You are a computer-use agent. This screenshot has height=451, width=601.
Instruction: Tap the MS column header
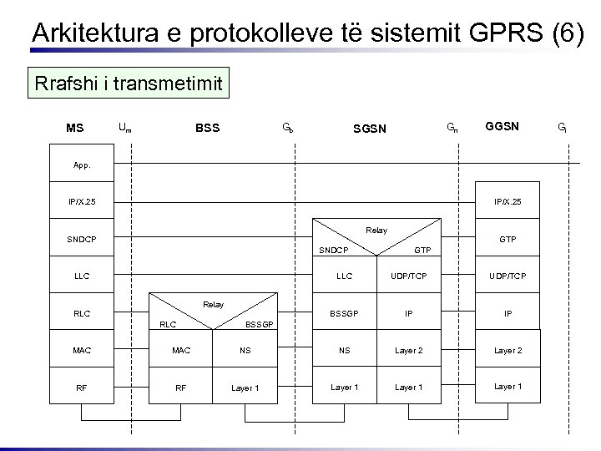(75, 128)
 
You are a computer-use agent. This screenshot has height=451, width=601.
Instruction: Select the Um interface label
(124, 128)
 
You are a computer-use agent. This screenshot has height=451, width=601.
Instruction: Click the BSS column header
(207, 128)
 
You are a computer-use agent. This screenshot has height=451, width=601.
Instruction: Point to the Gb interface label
(286, 128)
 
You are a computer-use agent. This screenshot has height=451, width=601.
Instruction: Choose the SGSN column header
(370, 129)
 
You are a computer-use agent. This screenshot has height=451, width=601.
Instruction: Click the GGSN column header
(503, 127)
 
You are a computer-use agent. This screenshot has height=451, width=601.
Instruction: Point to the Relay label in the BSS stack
(213, 305)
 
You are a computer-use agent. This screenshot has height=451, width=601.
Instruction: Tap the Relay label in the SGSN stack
(376, 230)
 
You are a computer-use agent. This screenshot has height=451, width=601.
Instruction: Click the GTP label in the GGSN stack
(508, 239)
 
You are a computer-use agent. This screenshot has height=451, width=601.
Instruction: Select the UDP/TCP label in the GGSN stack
(508, 276)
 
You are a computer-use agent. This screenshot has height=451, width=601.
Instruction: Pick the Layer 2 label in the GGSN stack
(508, 351)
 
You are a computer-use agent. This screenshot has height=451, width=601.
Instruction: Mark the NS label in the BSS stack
(245, 351)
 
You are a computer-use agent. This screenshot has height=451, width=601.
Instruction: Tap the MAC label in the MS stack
(83, 351)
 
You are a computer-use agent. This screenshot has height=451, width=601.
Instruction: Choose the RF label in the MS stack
(83, 388)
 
